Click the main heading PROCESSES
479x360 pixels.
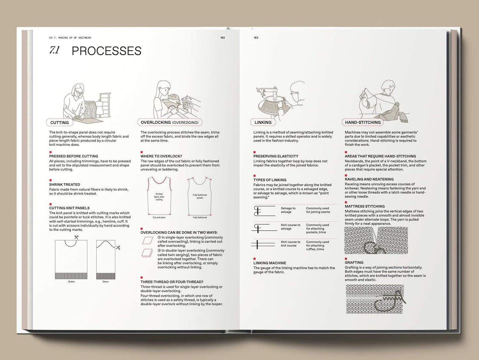coord(106,51)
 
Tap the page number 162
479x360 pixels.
coord(222,38)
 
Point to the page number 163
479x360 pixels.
coord(256,38)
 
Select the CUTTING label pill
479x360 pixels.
coord(59,122)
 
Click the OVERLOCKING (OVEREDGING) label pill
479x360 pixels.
coord(169,122)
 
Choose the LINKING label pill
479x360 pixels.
coord(263,122)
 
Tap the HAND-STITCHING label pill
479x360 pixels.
coord(363,122)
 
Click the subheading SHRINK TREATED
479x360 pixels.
coord(65,184)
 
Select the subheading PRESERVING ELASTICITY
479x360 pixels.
coord(276,156)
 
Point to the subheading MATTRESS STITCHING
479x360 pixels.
coord(365,206)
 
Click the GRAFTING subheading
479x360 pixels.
coord(354,262)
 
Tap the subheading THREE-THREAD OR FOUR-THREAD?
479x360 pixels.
coord(172,282)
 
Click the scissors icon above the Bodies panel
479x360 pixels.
coord(77,237)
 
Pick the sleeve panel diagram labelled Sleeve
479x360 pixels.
coord(106,259)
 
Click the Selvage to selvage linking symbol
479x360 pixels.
coord(264,211)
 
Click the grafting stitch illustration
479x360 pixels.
coord(375,299)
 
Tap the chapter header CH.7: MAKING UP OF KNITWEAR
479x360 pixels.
coord(70,38)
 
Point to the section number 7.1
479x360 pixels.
coord(54,50)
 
